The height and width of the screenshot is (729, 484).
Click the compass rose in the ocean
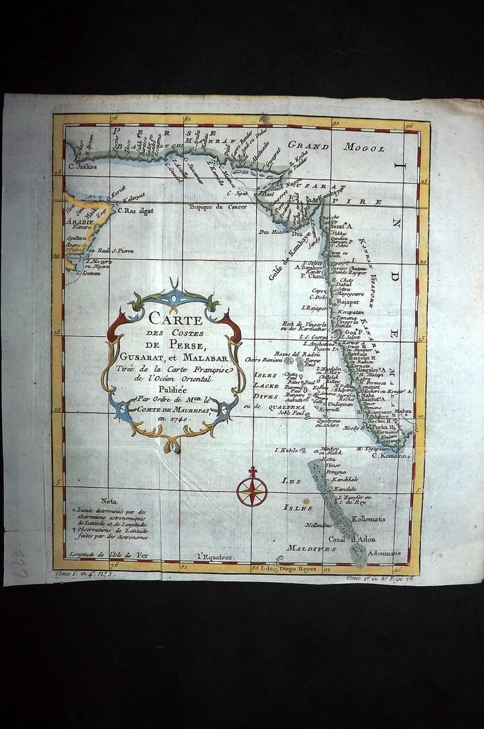[252, 491]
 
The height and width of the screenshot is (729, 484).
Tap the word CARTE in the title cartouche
[176, 319]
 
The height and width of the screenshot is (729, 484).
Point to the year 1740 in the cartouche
[171, 419]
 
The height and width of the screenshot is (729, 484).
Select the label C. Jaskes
[82, 167]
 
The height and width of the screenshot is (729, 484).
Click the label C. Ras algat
[136, 210]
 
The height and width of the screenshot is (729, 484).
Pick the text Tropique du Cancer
[218, 207]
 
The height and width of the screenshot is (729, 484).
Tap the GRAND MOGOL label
[336, 146]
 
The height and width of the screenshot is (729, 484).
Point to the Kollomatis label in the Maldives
[368, 519]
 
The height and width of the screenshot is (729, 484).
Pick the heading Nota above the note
[109, 501]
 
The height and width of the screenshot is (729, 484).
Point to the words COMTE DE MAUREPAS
[170, 409]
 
